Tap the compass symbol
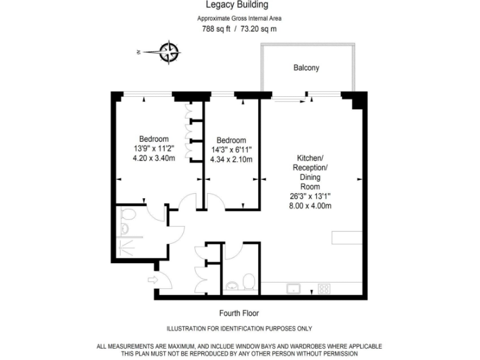(169, 52)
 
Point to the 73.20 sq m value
(256, 29)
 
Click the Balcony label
(306, 68)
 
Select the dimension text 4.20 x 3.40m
(154, 159)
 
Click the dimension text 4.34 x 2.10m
(231, 160)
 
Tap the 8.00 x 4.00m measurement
(310, 206)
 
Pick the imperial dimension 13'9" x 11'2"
(154, 149)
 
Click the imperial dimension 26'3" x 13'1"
(310, 196)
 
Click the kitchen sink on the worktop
(292, 288)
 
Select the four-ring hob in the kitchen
(324, 288)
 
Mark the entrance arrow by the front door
(152, 279)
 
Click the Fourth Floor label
(239, 313)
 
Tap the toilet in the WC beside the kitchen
(249, 281)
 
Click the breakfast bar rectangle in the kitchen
(347, 237)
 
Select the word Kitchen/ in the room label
(310, 158)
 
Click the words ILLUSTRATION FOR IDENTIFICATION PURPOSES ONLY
(239, 329)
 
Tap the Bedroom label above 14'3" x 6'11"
(231, 140)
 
